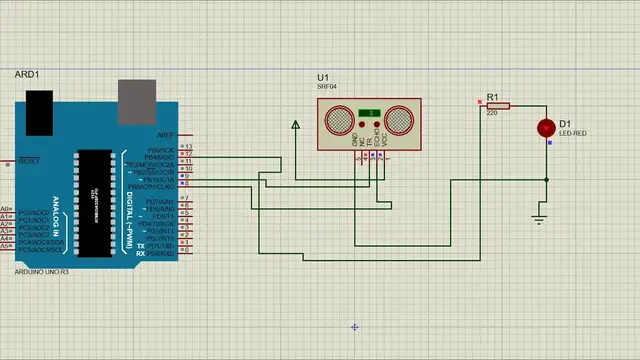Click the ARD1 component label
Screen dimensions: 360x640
coord(27,75)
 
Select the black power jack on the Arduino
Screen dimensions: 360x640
coord(39,105)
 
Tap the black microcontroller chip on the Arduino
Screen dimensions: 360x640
coord(92,190)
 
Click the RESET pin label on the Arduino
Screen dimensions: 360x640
coord(30,160)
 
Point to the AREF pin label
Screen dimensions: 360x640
coord(166,134)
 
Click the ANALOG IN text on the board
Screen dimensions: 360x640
coord(67,210)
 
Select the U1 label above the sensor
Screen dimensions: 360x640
coord(322,77)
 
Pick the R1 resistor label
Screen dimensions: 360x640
coord(492,97)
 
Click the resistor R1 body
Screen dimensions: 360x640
coord(498,105)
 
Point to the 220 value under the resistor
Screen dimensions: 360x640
coord(492,113)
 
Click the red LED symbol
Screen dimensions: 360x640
coord(546,128)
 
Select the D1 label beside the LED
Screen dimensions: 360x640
coord(565,124)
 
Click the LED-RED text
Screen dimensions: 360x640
coord(573,133)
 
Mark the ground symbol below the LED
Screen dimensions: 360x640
coord(540,217)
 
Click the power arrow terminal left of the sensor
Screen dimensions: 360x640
coord(296,125)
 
